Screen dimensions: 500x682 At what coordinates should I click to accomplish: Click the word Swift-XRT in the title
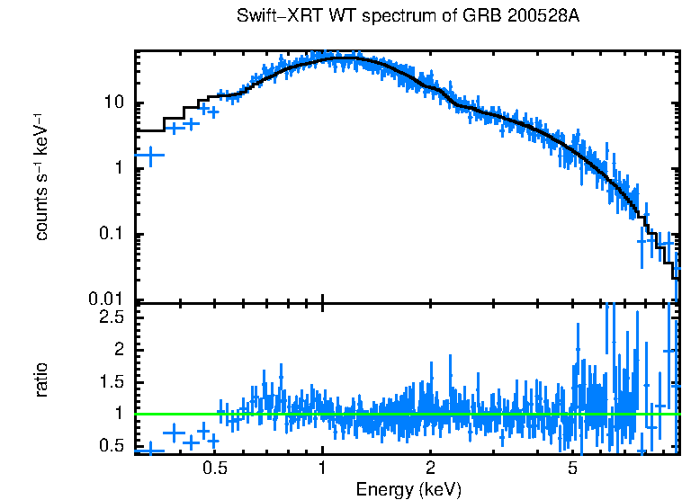tap(272, 17)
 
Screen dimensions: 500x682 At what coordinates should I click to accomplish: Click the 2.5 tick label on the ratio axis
tap(112, 317)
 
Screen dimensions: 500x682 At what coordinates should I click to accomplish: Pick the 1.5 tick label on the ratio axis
tap(112, 381)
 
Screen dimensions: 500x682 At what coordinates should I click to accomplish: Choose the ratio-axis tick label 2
tap(121, 349)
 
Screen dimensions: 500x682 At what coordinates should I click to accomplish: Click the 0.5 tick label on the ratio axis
tap(112, 445)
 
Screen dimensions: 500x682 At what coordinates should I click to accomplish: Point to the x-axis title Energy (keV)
tap(408, 489)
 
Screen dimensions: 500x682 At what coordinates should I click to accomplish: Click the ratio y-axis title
tap(42, 379)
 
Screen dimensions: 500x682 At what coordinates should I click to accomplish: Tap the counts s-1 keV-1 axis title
tap(42, 177)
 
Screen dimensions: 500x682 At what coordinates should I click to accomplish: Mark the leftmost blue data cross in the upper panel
tap(148, 156)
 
